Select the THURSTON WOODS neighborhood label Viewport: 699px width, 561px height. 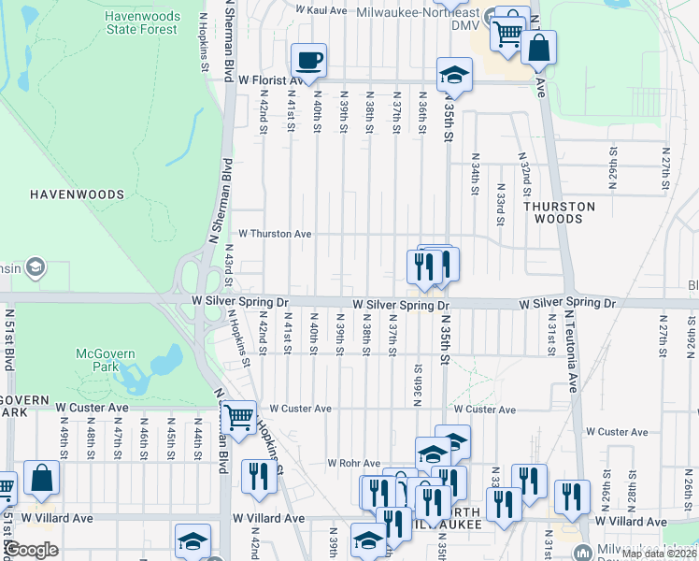click(x=559, y=212)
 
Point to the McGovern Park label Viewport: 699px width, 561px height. click(x=105, y=361)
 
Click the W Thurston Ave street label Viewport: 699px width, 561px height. click(x=275, y=234)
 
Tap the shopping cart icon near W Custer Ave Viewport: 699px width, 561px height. click(x=239, y=417)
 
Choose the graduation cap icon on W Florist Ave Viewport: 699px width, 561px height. click(x=454, y=76)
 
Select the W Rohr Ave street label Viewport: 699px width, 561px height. click(x=353, y=463)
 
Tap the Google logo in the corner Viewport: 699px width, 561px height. click(x=31, y=550)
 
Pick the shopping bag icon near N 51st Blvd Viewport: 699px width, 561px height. click(x=42, y=479)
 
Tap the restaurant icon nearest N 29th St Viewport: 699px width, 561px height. click(x=571, y=497)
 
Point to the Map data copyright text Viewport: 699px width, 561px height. click(x=659, y=554)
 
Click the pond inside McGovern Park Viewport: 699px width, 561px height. click(x=159, y=363)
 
